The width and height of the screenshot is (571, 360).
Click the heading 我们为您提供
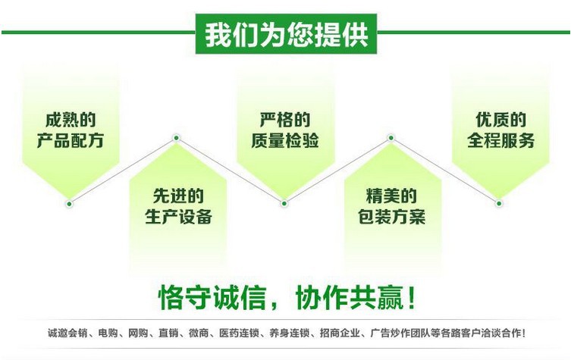pyautogui.click(x=286, y=34)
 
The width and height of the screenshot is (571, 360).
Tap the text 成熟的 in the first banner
pyautogui.click(x=71, y=120)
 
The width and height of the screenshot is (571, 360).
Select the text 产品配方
pyautogui.click(x=71, y=142)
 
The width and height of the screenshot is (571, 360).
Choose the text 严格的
pyautogui.click(x=285, y=120)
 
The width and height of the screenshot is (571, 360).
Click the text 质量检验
pyautogui.click(x=285, y=142)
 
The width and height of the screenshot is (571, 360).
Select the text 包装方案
pyautogui.click(x=391, y=218)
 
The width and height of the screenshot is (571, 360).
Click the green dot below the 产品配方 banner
pyautogui.click(x=70, y=203)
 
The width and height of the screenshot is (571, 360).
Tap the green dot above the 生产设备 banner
pyautogui.click(x=177, y=138)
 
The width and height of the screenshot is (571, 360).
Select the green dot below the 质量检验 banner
pyautogui.click(x=284, y=203)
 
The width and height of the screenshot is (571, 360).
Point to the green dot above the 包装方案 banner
pyautogui.click(x=391, y=138)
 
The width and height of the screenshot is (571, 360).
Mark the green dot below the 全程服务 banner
pyautogui.click(x=499, y=203)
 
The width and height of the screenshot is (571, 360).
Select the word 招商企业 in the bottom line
pyautogui.click(x=340, y=333)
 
